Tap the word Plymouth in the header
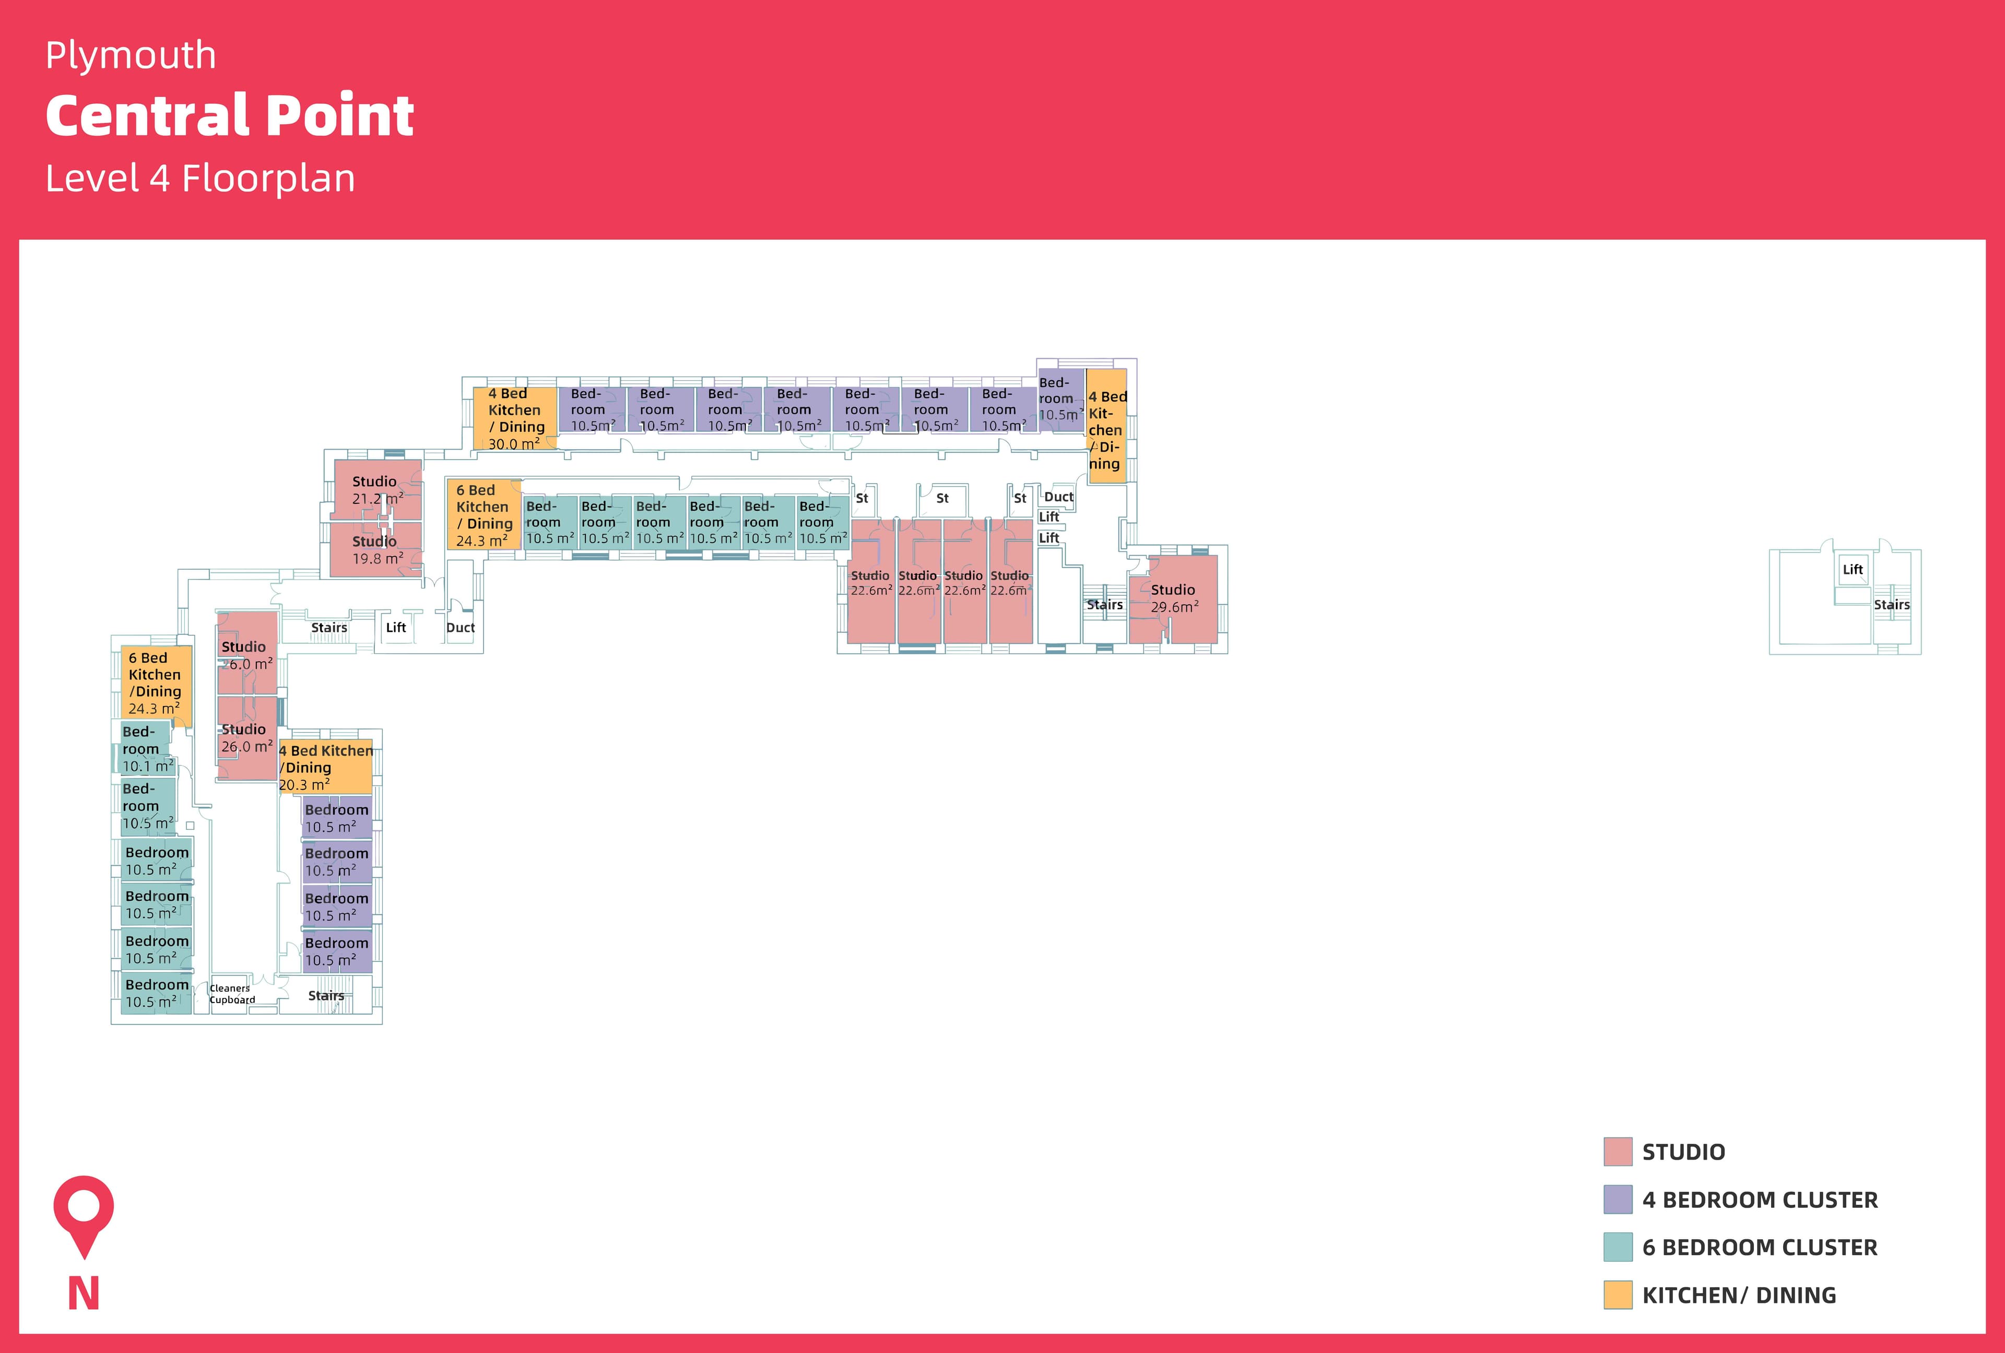131,56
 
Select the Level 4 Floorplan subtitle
200,179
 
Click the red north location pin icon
84,1213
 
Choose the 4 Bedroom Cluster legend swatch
1618,1199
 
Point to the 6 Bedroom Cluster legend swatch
1618,1247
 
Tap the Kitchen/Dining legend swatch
1618,1295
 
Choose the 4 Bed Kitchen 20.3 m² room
325,767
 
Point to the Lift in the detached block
1853,570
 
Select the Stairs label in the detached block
1891,605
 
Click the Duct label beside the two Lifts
1058,497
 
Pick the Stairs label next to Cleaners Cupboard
326,996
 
